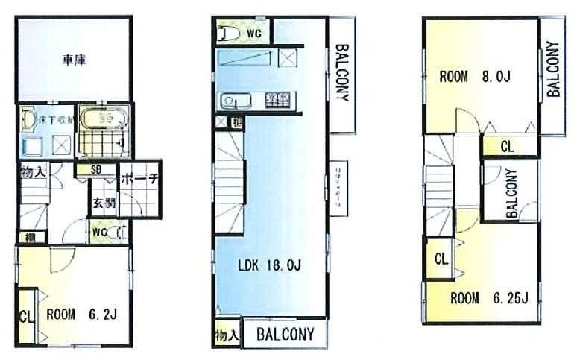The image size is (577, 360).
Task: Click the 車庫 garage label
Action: [x=73, y=60]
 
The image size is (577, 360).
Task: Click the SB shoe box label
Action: [x=96, y=169]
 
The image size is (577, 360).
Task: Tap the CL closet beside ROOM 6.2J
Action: [x=25, y=315]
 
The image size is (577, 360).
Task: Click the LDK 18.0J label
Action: [x=269, y=265]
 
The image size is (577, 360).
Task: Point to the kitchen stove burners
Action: [x=280, y=98]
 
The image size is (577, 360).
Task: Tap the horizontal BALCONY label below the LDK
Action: [x=286, y=334]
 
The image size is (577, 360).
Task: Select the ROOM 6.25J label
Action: [x=489, y=299]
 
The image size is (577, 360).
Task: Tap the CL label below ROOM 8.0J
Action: [x=506, y=146]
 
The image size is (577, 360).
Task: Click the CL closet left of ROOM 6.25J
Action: [x=441, y=259]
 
